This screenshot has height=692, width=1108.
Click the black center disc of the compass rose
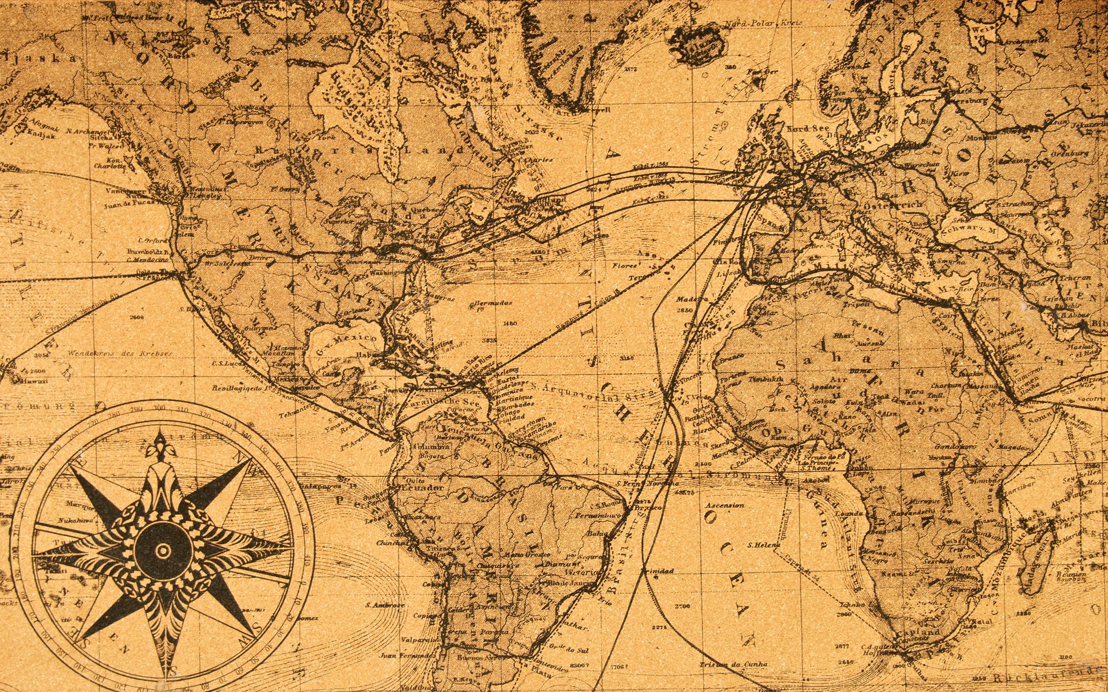(x=162, y=550)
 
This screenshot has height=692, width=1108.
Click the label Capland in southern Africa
(x=923, y=633)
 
